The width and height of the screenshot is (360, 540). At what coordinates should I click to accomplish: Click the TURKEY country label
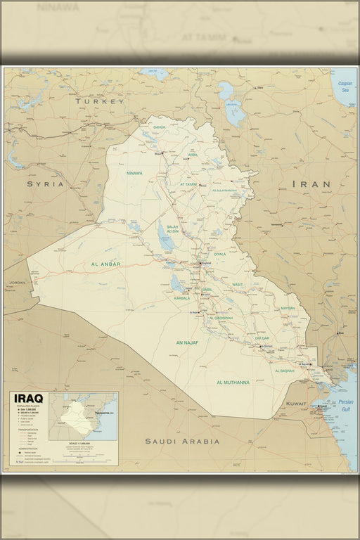click(x=99, y=101)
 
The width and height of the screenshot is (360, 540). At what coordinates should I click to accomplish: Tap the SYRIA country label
click(x=46, y=184)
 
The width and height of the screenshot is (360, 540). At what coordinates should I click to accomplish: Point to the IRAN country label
click(x=311, y=184)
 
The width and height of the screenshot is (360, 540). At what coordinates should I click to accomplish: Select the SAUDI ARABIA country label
click(x=182, y=442)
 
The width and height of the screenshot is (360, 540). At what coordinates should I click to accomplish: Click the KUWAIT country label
click(x=296, y=404)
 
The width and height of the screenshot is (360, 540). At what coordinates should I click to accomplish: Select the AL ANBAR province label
click(x=106, y=264)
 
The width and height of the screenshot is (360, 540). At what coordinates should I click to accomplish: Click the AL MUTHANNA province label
click(x=233, y=382)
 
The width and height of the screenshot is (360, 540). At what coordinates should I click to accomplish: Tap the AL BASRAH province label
click(x=285, y=371)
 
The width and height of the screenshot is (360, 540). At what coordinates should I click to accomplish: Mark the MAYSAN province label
click(x=288, y=308)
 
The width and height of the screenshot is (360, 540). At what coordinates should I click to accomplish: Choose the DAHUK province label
click(x=160, y=127)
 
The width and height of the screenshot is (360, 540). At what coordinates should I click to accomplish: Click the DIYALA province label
click(x=220, y=254)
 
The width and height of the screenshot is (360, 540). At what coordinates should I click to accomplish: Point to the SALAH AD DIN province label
click(x=173, y=229)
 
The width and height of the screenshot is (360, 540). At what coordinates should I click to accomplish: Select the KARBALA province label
click(x=182, y=298)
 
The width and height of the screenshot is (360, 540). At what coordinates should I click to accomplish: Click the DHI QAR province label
click(x=262, y=338)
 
